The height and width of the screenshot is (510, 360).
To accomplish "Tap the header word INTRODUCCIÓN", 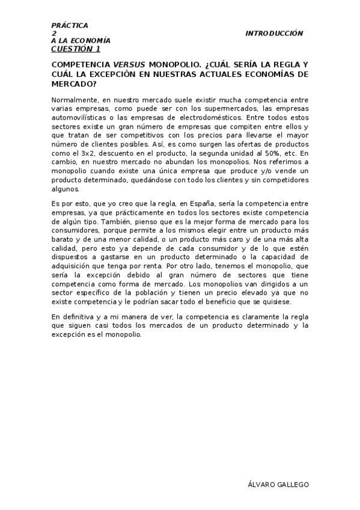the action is click(274, 34).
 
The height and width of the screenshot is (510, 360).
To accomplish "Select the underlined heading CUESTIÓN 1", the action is click(76, 49).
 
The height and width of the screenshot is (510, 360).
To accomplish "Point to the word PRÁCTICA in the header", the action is click(70, 25).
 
